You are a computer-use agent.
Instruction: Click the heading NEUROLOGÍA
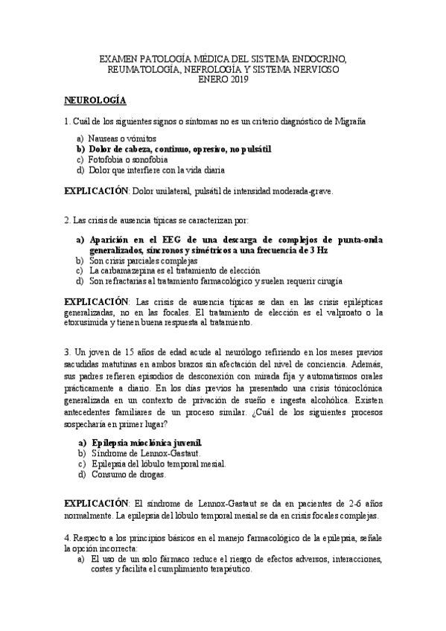coord(95,100)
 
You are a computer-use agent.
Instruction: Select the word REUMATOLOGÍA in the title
coord(138,69)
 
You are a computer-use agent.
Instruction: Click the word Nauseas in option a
coord(104,139)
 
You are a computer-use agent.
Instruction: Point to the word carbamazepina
coord(127,272)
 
